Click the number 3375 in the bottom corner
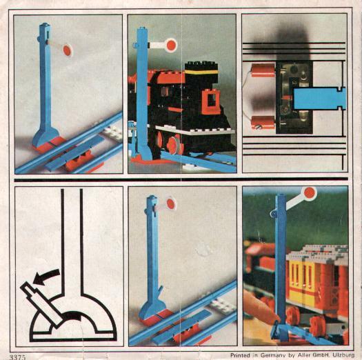tap(17, 357)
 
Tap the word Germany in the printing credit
tap(272, 355)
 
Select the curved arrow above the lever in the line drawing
tap(46, 276)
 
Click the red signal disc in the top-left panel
tap(67, 50)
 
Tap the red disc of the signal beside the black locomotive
tap(171, 45)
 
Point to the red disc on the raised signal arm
tap(310, 192)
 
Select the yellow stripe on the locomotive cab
tap(201, 72)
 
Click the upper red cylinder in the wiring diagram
tap(263, 70)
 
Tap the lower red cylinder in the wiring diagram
tap(263, 122)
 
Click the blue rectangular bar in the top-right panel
tap(320, 98)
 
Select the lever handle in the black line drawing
tap(41, 302)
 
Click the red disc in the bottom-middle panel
tap(170, 204)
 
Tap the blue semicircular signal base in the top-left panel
tap(46, 136)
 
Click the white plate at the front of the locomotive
tap(195, 130)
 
